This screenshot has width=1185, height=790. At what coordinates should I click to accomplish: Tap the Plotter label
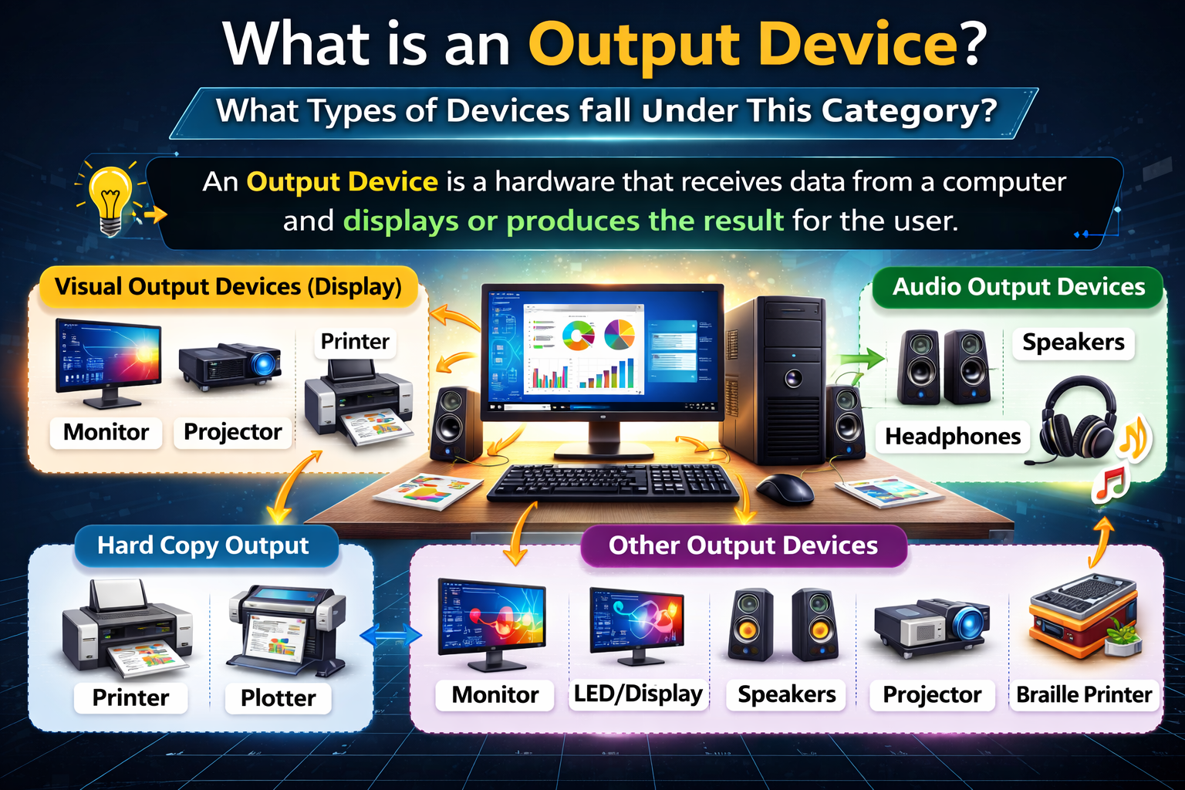(x=279, y=698)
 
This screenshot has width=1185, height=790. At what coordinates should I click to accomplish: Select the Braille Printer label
(x=1084, y=694)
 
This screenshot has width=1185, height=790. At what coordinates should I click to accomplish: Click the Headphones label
(x=953, y=437)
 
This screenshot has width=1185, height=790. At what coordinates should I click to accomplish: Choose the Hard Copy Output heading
(x=203, y=545)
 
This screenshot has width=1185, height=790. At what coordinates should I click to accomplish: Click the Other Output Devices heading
(x=743, y=545)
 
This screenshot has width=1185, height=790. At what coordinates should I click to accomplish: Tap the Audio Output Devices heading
(x=1018, y=287)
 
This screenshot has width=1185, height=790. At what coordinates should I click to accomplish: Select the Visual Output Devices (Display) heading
(x=228, y=287)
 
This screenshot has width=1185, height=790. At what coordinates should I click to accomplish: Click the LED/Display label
(x=638, y=694)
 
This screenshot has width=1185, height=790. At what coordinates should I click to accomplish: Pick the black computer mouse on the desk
(x=785, y=488)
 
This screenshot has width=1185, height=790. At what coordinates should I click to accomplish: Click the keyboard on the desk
(x=613, y=481)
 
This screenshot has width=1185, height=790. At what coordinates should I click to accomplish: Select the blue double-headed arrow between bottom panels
(x=390, y=635)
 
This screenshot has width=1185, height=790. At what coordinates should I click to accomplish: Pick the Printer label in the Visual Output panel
(x=355, y=341)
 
